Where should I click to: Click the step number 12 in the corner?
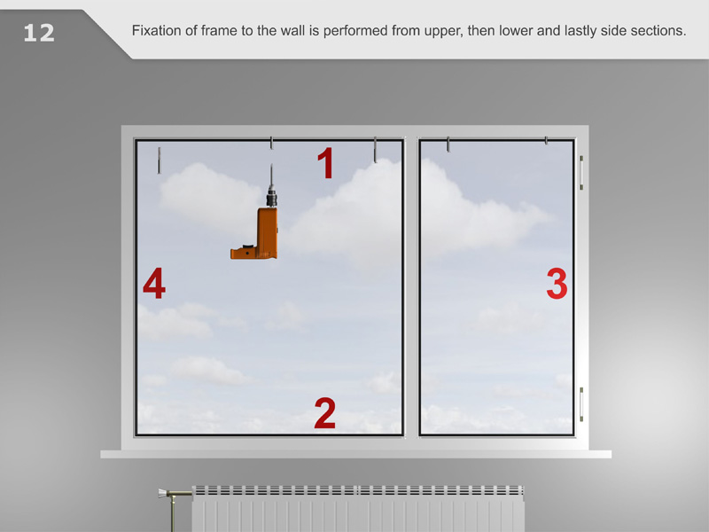click(x=39, y=33)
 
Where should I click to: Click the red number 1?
click(x=325, y=163)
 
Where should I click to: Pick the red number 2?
click(x=324, y=412)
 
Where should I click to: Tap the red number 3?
click(x=557, y=284)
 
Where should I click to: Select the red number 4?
click(x=153, y=283)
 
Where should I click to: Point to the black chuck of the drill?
click(x=271, y=197)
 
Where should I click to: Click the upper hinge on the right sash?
click(x=581, y=172)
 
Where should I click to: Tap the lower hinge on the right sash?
click(x=581, y=404)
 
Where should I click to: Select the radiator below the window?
click(x=358, y=508)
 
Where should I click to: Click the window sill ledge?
click(x=356, y=454)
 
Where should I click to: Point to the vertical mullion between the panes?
click(x=411, y=287)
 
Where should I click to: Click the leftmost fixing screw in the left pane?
click(x=159, y=160)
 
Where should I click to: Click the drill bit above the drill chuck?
click(x=271, y=175)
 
